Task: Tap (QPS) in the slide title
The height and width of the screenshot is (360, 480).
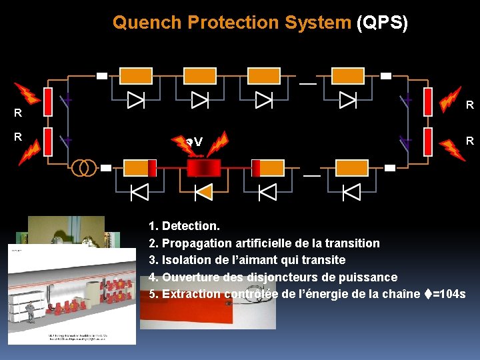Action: [382, 23]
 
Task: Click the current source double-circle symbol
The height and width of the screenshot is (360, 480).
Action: [84, 167]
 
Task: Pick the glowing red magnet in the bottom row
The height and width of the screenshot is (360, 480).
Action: [203, 167]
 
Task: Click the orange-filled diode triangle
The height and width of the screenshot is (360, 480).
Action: [203, 193]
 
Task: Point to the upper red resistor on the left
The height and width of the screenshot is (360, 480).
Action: [48, 101]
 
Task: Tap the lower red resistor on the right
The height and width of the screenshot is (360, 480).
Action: [428, 141]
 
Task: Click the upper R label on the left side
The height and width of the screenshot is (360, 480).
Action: [18, 113]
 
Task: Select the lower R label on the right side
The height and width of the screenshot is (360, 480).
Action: [469, 141]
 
